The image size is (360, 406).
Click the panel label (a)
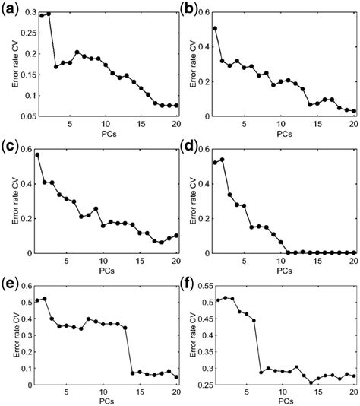[x=10, y=11]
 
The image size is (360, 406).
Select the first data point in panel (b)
[x=215, y=28]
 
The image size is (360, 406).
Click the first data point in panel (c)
[x=37, y=155]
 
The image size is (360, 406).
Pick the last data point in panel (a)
[x=176, y=106]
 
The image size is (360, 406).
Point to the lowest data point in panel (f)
[x=311, y=382]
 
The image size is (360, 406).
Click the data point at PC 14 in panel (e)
[x=133, y=373]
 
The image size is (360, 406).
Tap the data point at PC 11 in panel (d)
[x=288, y=252]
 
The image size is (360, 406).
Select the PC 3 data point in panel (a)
[x=56, y=67]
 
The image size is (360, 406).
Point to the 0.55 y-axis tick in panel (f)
[x=204, y=287]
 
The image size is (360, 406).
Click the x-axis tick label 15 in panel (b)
[x=317, y=124]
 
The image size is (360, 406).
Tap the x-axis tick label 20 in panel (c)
[x=176, y=261]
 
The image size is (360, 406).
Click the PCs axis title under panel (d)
[x=285, y=271]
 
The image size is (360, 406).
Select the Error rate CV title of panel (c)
[x=16, y=201]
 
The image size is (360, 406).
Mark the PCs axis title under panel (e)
[x=107, y=401]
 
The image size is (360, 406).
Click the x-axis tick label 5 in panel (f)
[x=247, y=392]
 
